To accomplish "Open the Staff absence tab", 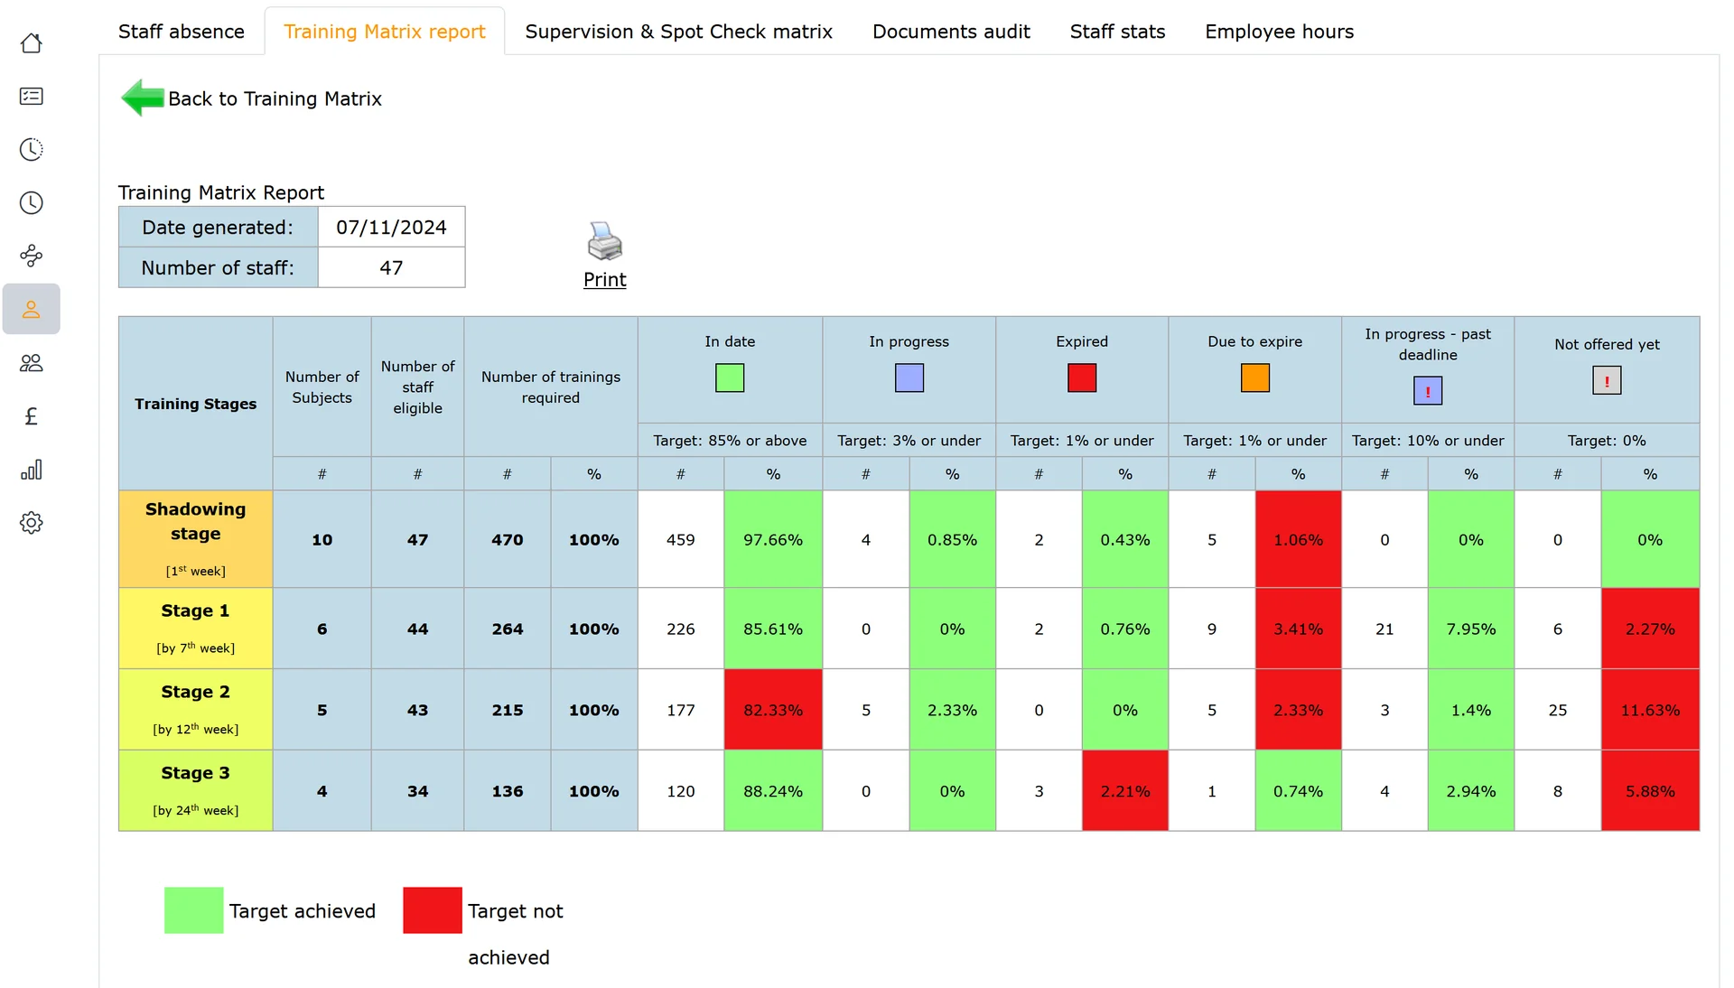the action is tap(181, 32).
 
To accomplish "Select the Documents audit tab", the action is tap(951, 32).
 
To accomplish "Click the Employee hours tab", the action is tap(1279, 32).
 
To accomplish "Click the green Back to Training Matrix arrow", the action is tap(143, 98).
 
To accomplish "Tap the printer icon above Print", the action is tap(604, 241).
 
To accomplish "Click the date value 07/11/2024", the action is tap(391, 228).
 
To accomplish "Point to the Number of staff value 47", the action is tap(391, 268).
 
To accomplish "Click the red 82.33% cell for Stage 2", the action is tap(773, 710).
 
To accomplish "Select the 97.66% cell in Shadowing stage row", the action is tap(773, 539).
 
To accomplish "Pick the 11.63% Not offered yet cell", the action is tap(1650, 710).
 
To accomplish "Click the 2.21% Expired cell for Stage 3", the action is tap(1125, 791).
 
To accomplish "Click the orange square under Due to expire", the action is tap(1254, 377).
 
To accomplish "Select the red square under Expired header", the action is tap(1082, 377).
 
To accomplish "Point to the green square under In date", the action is tap(730, 377).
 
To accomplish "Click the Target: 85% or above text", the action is tap(730, 441).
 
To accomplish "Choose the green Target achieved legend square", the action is tap(193, 910).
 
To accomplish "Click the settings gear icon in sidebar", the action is tap(32, 523).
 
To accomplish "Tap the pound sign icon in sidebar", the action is tap(32, 416).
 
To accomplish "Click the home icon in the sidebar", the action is tap(32, 43).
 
